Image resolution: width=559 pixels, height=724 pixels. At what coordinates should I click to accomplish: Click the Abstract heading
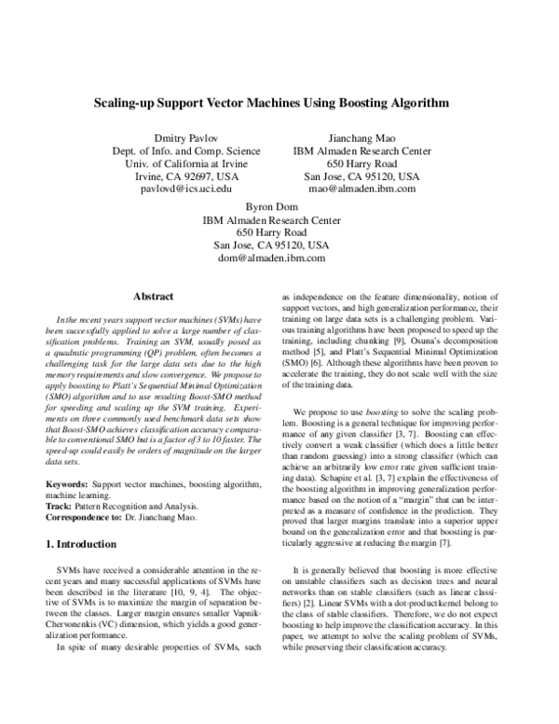pyautogui.click(x=154, y=297)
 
